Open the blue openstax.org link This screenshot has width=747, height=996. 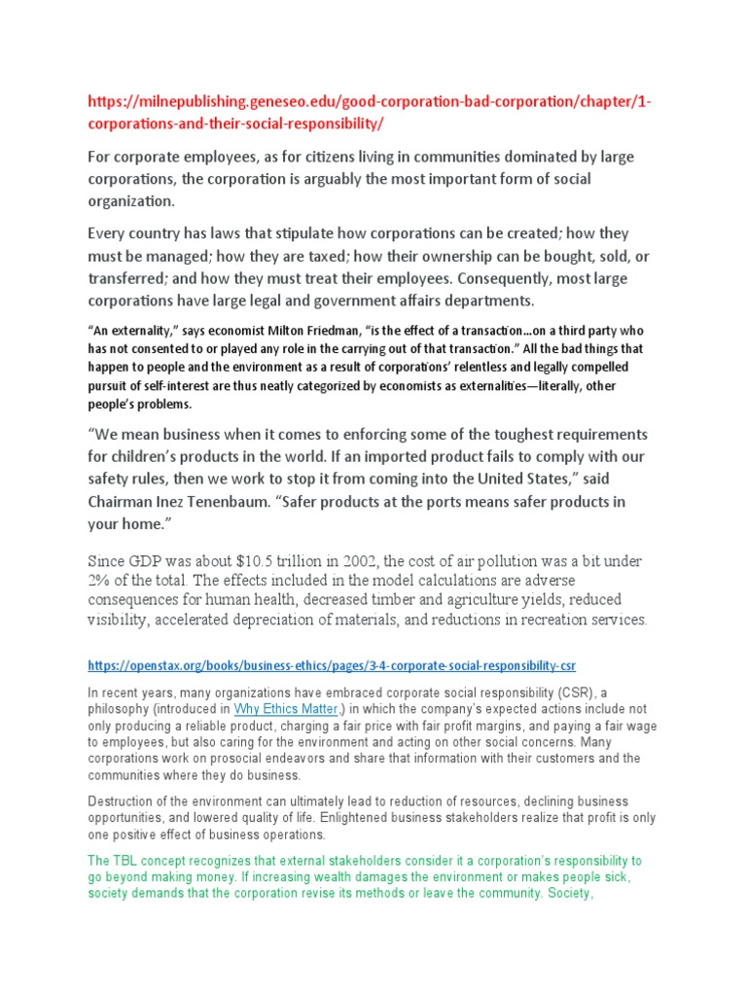tap(332, 666)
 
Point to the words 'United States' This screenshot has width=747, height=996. tap(515, 479)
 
